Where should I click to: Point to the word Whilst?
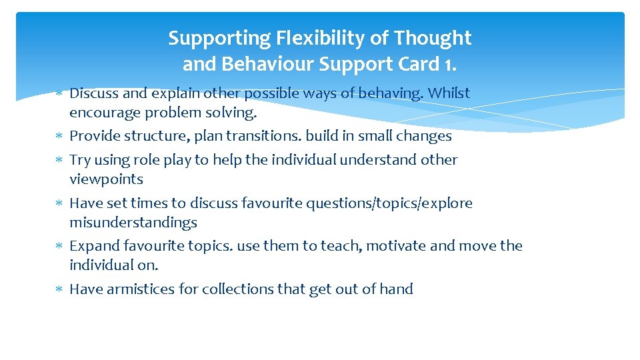449,93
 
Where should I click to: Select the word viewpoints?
106,179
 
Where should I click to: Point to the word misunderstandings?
133,223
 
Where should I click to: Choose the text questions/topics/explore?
389,203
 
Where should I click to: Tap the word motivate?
397,246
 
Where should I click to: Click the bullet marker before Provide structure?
59,137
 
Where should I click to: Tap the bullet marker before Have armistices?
59,289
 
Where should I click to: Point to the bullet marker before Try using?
59,160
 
